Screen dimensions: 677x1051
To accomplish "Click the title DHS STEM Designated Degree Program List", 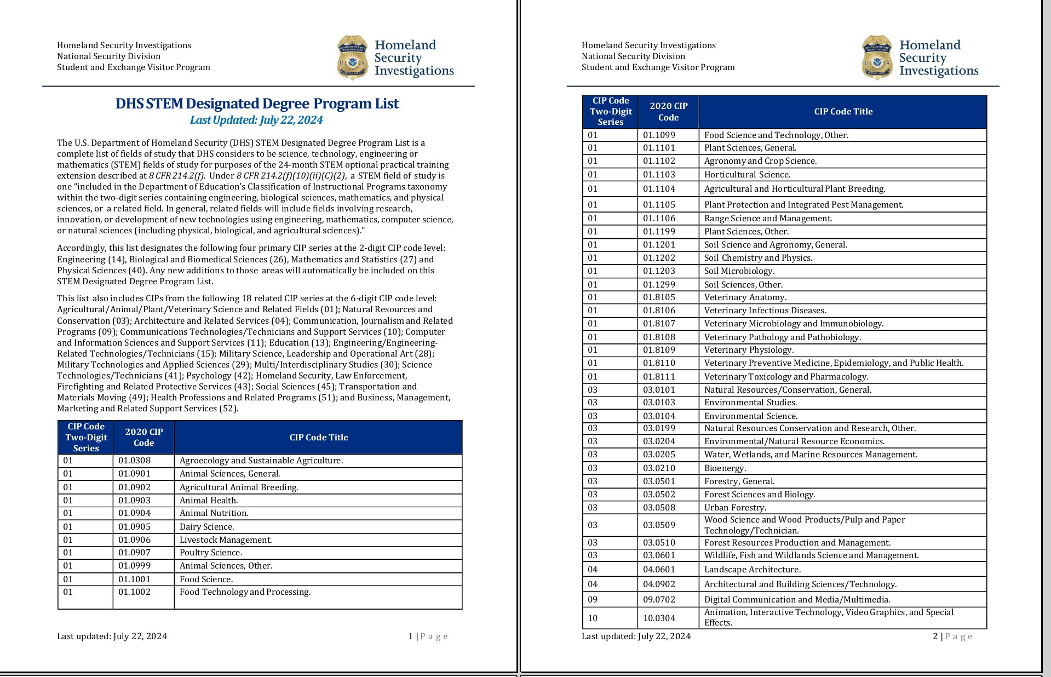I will (257, 104).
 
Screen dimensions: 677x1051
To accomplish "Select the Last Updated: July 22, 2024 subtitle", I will (256, 120).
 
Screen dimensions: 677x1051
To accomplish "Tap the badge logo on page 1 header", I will (352, 58).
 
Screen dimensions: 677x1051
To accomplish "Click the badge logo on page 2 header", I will (877, 58).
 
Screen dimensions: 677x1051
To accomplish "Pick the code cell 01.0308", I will (134, 461).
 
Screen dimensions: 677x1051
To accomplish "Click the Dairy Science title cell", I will (206, 527).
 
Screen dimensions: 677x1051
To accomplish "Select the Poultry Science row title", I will (211, 553).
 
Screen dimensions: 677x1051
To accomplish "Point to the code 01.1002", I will (134, 592).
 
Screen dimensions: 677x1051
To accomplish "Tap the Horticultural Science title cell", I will (747, 175).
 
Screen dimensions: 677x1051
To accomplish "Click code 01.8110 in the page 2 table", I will (659, 363).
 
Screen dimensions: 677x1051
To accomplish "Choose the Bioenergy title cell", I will (725, 468).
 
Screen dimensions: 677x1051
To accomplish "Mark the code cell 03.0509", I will (659, 525).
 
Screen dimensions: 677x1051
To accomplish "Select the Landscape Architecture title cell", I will (752, 570).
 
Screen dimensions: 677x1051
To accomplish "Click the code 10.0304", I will (659, 618).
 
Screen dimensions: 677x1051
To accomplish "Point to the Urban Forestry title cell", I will (735, 508).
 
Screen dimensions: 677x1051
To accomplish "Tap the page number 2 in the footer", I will (935, 636).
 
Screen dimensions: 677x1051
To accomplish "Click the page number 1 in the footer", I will (411, 636).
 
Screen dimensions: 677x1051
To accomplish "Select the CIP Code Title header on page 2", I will (843, 112).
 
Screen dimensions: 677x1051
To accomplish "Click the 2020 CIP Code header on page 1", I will (143, 437).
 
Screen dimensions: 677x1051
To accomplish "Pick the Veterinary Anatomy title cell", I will (745, 297).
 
